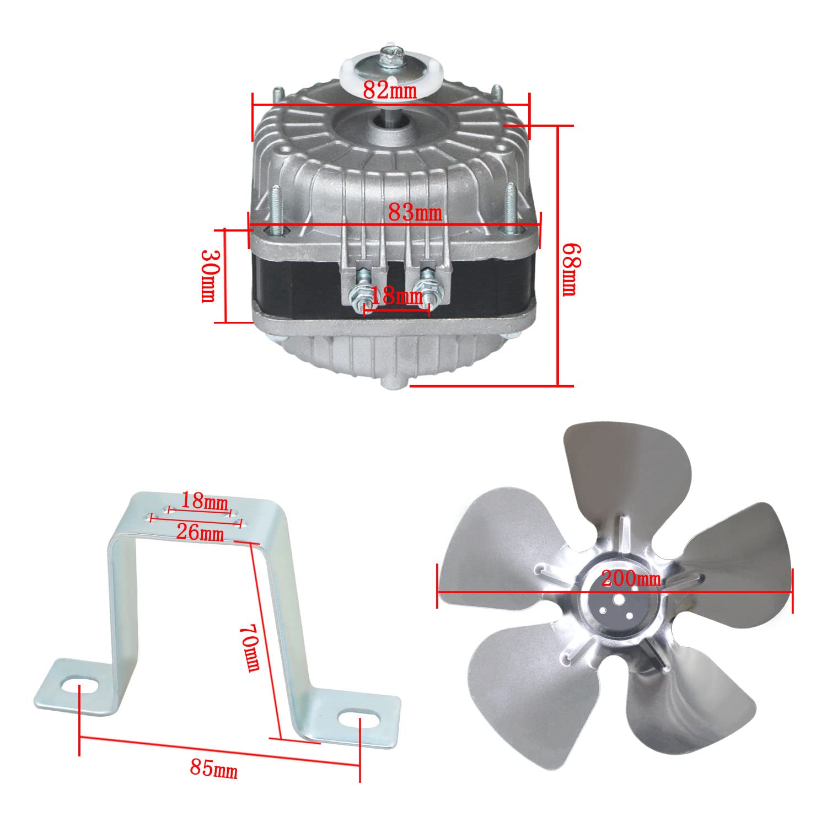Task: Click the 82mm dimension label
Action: (390, 90)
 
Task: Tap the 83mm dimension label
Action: (415, 212)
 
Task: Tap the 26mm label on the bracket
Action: (200, 533)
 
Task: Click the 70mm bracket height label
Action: (251, 648)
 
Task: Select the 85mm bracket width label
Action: (214, 768)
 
